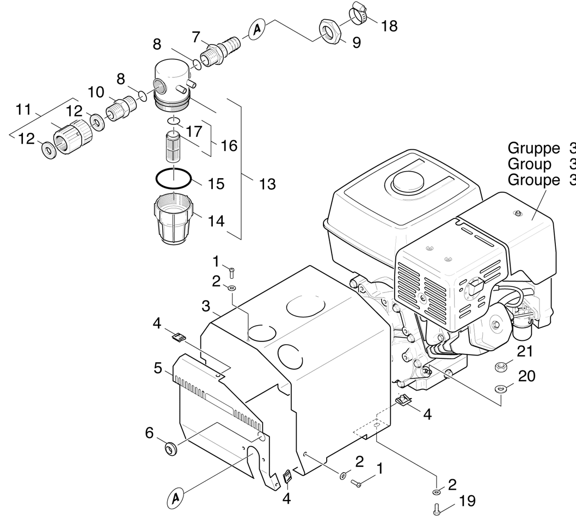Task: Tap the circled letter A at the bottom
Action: click(175, 497)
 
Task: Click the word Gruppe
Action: click(534, 148)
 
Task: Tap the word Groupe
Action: click(534, 180)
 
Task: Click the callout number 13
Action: click(267, 184)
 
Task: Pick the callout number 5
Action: click(158, 369)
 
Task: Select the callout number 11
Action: click(23, 109)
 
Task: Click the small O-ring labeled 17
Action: click(174, 120)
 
